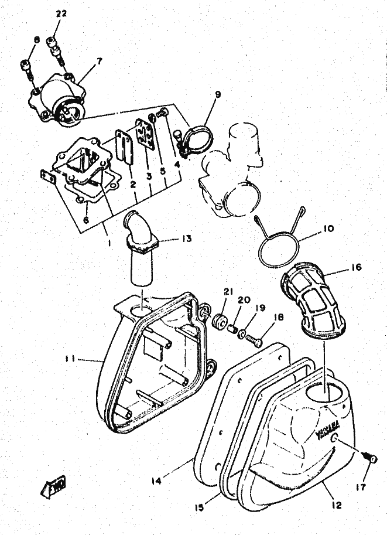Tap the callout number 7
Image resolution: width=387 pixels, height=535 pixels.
(x=99, y=60)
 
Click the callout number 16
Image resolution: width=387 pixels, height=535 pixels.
(x=357, y=268)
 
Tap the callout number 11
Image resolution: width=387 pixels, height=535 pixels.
(x=70, y=359)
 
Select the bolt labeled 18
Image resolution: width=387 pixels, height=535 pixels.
(x=254, y=338)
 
